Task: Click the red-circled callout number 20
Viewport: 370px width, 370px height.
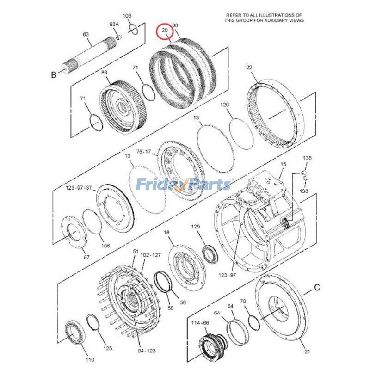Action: point(165,30)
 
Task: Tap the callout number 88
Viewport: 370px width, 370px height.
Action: point(175,25)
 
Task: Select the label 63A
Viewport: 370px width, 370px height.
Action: point(114,24)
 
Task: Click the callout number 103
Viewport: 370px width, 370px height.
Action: point(127,16)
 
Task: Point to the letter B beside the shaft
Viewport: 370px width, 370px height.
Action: point(54,75)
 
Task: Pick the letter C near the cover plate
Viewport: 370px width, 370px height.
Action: point(317,288)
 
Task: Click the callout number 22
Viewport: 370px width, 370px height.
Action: point(249,68)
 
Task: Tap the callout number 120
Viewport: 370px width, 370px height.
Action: point(224,105)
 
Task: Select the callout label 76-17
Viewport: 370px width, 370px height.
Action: point(143,152)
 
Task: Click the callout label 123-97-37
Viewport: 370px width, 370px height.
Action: point(79,188)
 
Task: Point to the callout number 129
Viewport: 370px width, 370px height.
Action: point(195,227)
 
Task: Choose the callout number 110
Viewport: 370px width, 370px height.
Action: point(90,360)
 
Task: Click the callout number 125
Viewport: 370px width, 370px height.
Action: point(108,348)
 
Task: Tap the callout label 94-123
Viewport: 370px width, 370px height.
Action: point(147,351)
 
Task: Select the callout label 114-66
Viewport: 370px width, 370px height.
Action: point(200,323)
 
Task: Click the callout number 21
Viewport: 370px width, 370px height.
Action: point(307,351)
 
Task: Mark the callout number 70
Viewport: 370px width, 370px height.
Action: point(243,302)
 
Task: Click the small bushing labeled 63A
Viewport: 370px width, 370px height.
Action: point(119,37)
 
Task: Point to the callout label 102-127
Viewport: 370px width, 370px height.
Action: point(151,255)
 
